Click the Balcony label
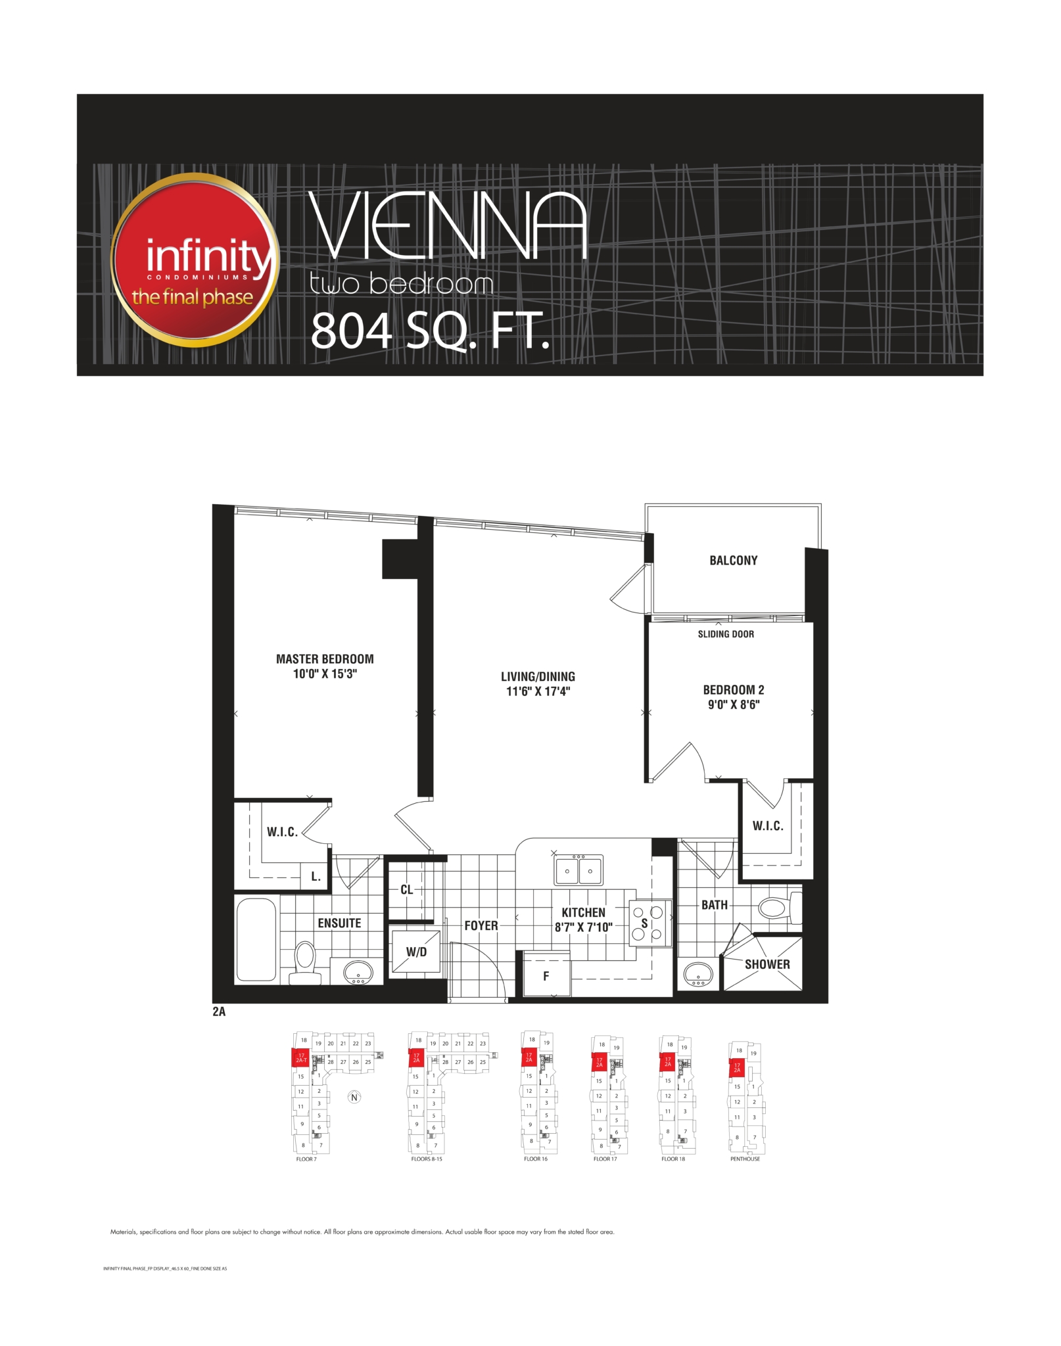733,561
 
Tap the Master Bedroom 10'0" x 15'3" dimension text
325,674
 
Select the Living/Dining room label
538,676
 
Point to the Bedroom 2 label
733,690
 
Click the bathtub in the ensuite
256,940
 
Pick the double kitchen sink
578,871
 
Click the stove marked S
646,923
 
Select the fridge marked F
546,976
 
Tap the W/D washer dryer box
415,952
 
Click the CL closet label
407,890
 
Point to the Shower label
767,964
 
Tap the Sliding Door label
726,634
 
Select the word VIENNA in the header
447,227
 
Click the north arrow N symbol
354,1097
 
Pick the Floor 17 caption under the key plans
605,1159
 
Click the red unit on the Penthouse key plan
737,1067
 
